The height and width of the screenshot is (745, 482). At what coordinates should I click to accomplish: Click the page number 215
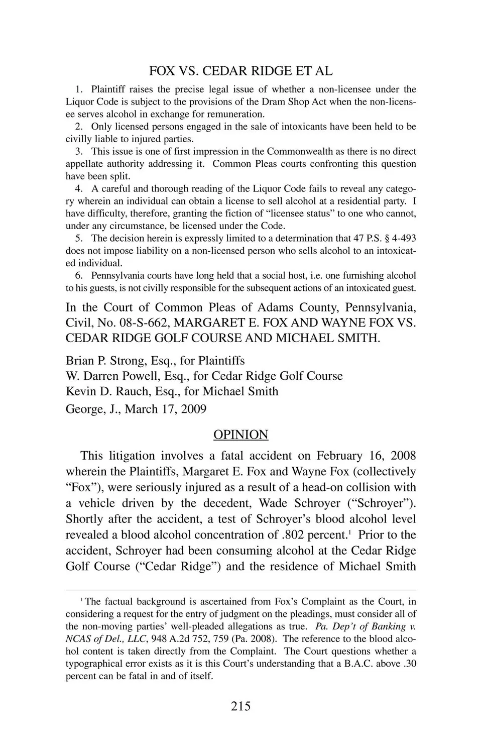(240, 706)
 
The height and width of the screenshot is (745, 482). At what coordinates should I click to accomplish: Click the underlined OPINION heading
(240, 434)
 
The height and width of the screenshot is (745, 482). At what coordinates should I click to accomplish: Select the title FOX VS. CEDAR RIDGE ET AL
(240, 71)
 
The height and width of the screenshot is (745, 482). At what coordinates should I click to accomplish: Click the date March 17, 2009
(166, 409)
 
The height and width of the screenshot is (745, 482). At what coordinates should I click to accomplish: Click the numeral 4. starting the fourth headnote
(78, 188)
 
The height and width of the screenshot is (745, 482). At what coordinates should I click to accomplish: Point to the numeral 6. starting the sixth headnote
(78, 275)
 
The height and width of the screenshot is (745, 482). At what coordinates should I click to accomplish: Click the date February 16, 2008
(366, 456)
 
